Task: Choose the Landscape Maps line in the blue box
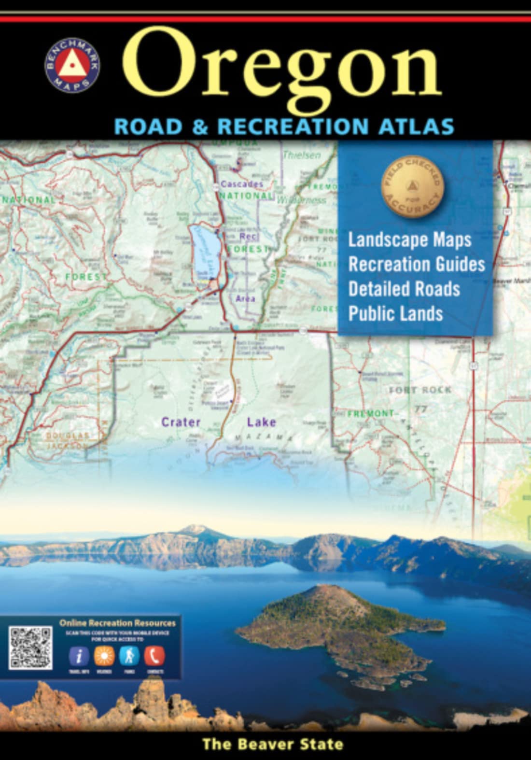click(409, 239)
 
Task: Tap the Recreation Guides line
click(416, 264)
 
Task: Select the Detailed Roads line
click(404, 289)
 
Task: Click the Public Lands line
click(395, 313)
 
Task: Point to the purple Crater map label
click(181, 422)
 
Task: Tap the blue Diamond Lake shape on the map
click(205, 249)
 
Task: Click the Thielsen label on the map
click(301, 155)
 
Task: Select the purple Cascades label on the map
click(241, 184)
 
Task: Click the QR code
click(30, 648)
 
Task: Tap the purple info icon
click(79, 656)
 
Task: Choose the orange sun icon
click(104, 656)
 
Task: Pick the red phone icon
click(154, 656)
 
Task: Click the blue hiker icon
click(129, 656)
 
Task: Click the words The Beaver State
click(273, 744)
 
